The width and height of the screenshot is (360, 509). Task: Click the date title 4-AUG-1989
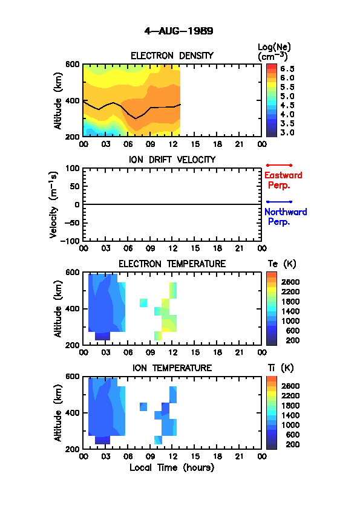point(178,31)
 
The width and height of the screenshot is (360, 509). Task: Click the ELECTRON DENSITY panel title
point(172,56)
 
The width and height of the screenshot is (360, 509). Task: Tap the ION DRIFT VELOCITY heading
point(172,160)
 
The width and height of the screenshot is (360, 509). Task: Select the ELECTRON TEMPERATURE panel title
point(172,264)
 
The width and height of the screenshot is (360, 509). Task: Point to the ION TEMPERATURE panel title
point(172,368)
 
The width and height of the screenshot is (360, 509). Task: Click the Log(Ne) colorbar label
point(274,52)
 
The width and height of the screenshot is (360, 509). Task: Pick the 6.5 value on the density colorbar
point(287,69)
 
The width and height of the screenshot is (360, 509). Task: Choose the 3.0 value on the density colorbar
point(287,132)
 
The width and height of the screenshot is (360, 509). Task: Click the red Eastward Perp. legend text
point(283,180)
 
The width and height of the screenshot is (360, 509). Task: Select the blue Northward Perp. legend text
point(286,216)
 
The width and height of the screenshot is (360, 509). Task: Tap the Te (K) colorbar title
point(282,264)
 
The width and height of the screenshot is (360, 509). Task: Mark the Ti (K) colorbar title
point(281,368)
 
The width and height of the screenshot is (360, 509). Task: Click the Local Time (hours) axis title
point(172,468)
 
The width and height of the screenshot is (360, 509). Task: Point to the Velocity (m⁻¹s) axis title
point(54,204)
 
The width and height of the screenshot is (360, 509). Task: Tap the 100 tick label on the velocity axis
point(73,168)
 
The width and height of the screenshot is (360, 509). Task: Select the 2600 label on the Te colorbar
point(290,282)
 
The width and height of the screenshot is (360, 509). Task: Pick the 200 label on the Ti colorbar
point(293,444)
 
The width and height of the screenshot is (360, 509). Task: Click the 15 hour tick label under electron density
point(195,144)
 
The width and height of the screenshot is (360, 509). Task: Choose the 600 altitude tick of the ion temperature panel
point(73,376)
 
